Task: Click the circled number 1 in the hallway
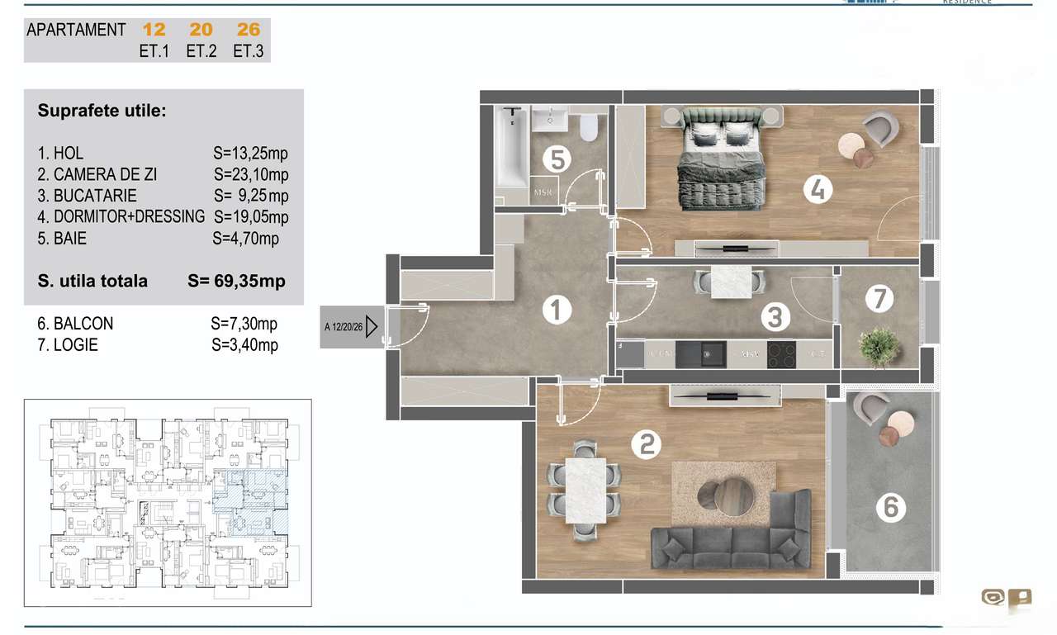click(557, 310)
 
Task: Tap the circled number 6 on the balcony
click(890, 506)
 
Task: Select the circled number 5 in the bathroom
click(557, 159)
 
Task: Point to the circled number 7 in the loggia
click(879, 298)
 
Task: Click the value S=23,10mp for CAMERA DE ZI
click(251, 175)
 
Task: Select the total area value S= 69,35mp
click(237, 281)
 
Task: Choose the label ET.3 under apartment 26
click(249, 51)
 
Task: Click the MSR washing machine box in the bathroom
click(543, 191)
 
